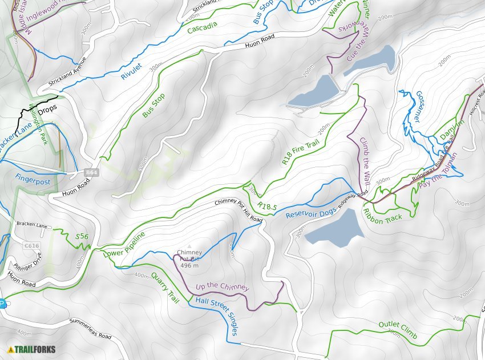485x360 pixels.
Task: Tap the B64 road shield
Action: [91, 172]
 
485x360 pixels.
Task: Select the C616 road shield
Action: [32, 246]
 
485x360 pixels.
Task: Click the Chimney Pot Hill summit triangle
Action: [189, 246]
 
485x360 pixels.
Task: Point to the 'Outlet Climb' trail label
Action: [398, 330]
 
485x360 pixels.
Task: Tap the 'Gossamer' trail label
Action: [426, 106]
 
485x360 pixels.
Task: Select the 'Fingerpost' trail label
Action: [33, 182]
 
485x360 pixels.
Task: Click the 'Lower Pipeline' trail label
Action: [124, 243]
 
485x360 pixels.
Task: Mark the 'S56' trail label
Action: [82, 236]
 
